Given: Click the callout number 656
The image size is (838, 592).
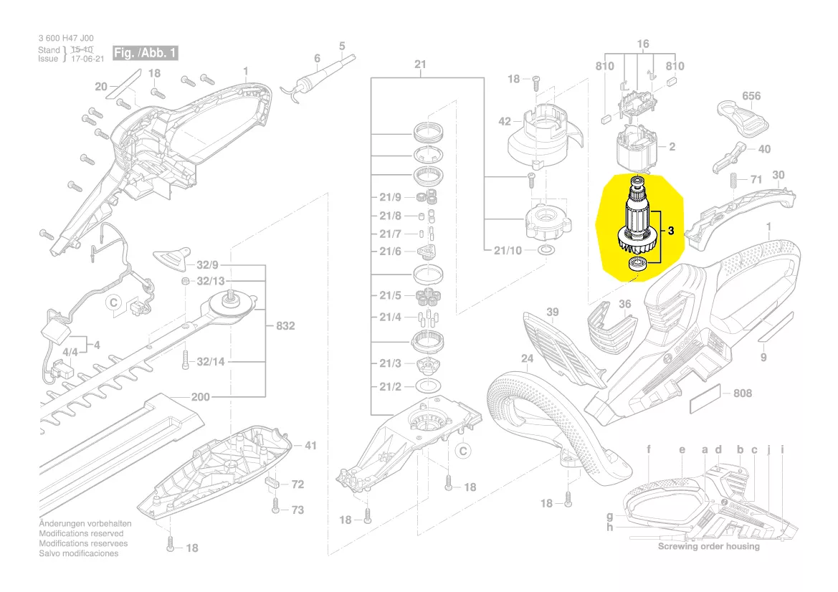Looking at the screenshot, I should pyautogui.click(x=751, y=96).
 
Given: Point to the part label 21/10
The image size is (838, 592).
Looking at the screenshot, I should pyautogui.click(x=508, y=251).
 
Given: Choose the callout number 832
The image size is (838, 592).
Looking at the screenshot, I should pyautogui.click(x=285, y=326).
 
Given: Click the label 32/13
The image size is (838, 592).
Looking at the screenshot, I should pyautogui.click(x=211, y=280).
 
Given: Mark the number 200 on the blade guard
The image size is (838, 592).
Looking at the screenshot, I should pyautogui.click(x=200, y=397).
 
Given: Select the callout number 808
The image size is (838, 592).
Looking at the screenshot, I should pyautogui.click(x=743, y=393).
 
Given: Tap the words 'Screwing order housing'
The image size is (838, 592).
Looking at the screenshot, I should pyautogui.click(x=708, y=546).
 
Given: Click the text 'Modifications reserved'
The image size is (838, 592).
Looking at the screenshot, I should pyautogui.click(x=81, y=534).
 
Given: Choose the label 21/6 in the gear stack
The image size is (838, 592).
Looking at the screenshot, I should pyautogui.click(x=390, y=252).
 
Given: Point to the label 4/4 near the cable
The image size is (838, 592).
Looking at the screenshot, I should pyautogui.click(x=70, y=353).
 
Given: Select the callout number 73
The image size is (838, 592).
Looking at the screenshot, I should pyautogui.click(x=297, y=510).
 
